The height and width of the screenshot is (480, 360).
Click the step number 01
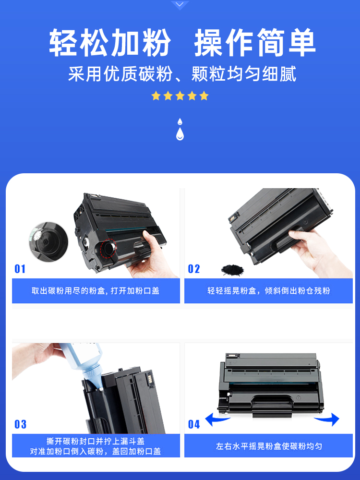click(x=20, y=269)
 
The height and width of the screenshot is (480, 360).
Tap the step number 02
click(x=194, y=269)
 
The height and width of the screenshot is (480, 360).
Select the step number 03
click(x=20, y=424)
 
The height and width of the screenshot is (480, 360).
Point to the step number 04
click(x=194, y=424)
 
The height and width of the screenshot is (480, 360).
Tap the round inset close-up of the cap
click(x=48, y=241)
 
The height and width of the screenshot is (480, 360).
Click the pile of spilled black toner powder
click(x=233, y=270)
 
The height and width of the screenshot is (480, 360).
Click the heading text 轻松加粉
click(x=110, y=43)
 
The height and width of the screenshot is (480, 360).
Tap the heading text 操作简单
click(x=255, y=43)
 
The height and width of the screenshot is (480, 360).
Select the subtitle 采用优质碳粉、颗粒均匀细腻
click(x=182, y=74)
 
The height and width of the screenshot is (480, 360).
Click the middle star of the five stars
click(x=180, y=96)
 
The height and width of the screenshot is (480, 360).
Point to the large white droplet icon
click(x=180, y=134)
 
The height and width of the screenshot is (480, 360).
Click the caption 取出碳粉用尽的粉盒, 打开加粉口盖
click(x=96, y=290)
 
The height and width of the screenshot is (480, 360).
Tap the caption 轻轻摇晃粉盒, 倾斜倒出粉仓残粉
click(x=268, y=290)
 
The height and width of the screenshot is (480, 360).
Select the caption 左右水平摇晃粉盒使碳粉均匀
click(x=269, y=446)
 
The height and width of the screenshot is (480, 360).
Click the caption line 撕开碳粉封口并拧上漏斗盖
click(x=96, y=441)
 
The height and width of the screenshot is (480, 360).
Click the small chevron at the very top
click(x=180, y=5)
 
